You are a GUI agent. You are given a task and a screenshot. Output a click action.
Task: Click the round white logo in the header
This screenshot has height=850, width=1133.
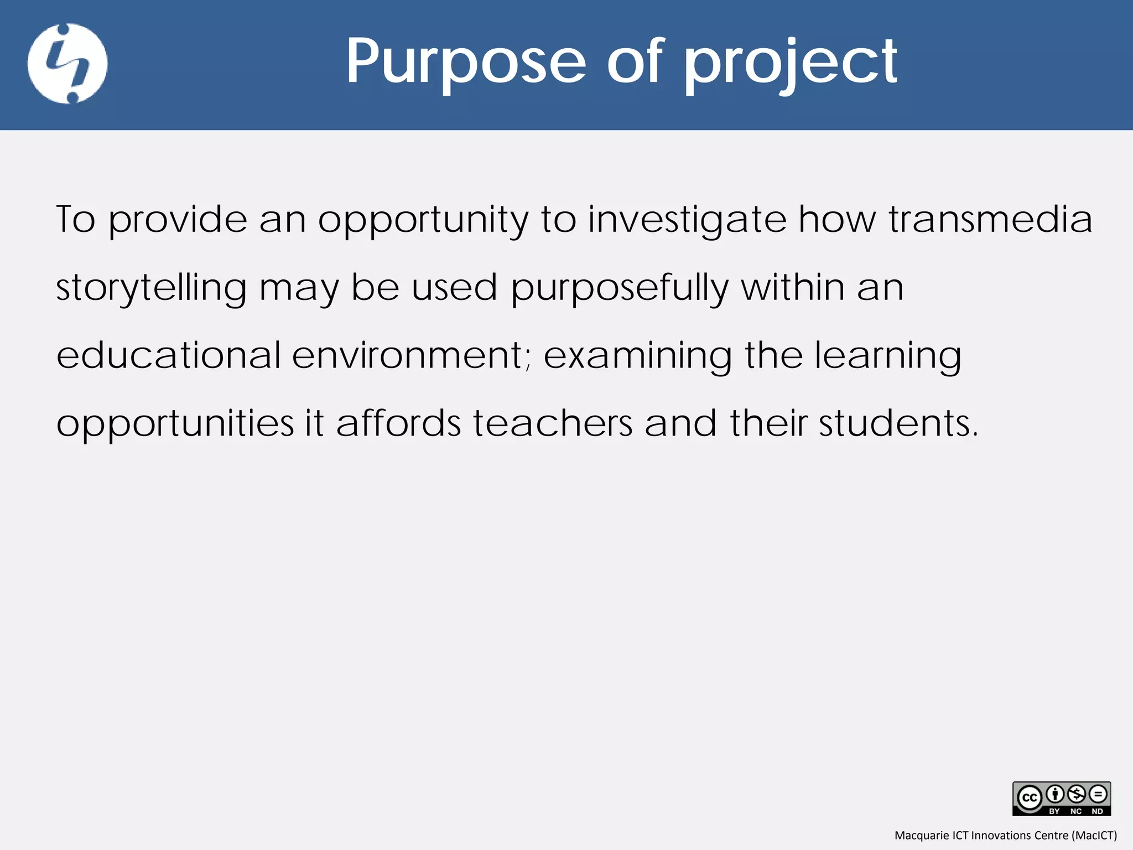(x=67, y=64)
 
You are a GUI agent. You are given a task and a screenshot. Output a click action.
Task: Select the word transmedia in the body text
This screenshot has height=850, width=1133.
(x=990, y=219)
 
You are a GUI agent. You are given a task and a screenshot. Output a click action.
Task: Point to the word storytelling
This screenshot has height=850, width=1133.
(x=151, y=288)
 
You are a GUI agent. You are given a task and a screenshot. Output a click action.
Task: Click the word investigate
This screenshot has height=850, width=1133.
(x=687, y=220)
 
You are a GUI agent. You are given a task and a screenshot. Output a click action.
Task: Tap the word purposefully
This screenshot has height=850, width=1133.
(x=619, y=288)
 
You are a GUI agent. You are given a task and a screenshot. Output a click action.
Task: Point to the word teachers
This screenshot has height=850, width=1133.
(x=553, y=423)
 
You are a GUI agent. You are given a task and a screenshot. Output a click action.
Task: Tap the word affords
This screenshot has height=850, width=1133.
(x=398, y=423)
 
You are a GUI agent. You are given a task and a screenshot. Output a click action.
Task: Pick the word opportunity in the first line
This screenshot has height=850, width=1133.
(x=423, y=220)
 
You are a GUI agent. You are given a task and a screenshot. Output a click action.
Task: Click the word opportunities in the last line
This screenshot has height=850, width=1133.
(x=175, y=424)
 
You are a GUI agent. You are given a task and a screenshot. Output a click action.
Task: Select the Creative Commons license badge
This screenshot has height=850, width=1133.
(x=1061, y=798)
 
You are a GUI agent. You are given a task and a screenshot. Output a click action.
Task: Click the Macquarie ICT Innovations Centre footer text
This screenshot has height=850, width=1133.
(x=1005, y=835)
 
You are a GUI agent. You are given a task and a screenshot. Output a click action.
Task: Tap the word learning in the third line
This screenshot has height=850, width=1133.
(x=887, y=356)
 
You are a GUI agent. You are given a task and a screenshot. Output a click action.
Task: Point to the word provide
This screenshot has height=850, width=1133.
(x=178, y=220)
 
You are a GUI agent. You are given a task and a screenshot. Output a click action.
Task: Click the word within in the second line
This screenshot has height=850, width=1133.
(x=793, y=288)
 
